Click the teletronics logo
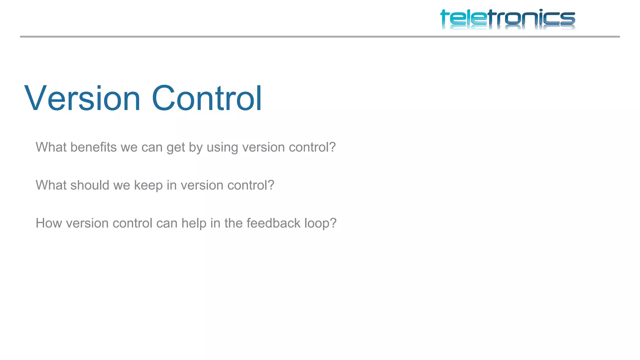click(x=507, y=19)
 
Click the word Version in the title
click(x=82, y=99)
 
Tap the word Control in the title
click(x=207, y=99)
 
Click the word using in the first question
click(x=222, y=147)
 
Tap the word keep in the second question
click(x=148, y=186)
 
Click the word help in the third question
click(x=194, y=223)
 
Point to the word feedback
click(x=273, y=223)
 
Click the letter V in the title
click(x=35, y=99)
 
